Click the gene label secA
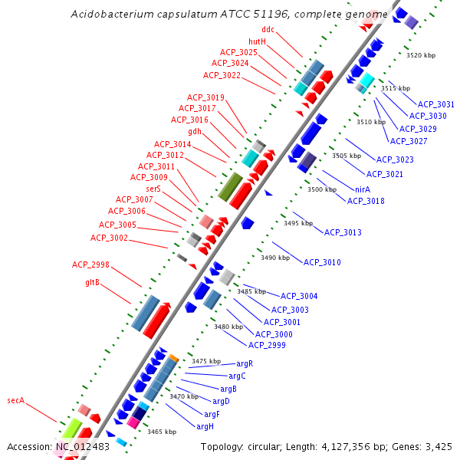point(16,400)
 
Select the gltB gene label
point(92,282)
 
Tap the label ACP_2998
point(91,264)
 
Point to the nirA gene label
point(363,189)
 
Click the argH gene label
point(205,426)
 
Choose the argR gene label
point(245,363)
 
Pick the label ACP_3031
point(435,103)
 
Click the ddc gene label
point(268,29)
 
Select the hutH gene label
point(257,41)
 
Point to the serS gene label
point(153,188)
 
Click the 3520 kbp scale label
point(420,55)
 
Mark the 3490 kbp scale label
point(275,258)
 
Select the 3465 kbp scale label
point(162,432)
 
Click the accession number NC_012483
point(82,446)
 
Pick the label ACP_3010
point(322,262)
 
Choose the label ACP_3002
point(109,238)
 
